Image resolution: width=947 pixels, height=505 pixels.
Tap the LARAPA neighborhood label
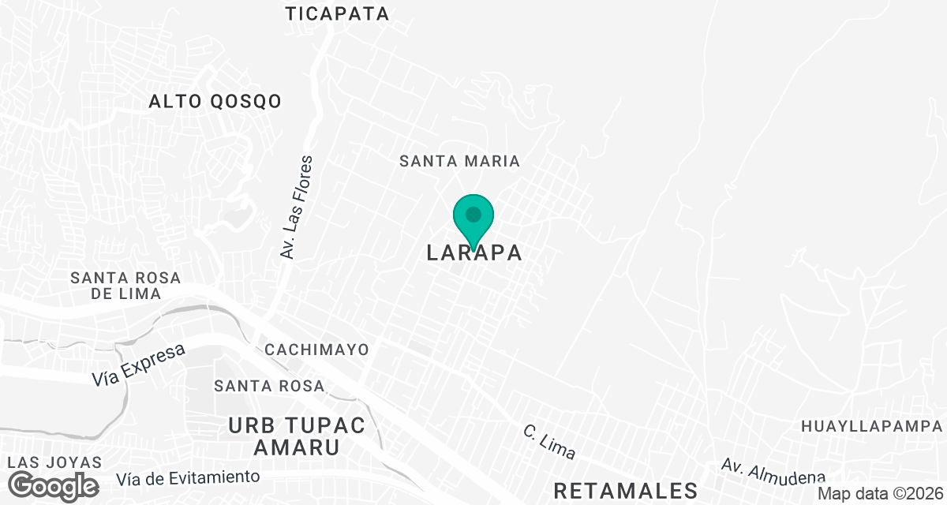point(474,253)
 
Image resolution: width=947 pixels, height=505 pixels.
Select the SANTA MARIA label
point(459,161)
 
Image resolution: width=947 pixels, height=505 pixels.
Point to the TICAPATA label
point(338,13)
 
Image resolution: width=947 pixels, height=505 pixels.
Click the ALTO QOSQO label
point(215,101)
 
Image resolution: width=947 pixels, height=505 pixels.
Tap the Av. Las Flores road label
point(297,207)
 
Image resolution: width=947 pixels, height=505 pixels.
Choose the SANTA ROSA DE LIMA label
point(125,286)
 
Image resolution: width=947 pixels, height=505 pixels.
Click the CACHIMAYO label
point(317,349)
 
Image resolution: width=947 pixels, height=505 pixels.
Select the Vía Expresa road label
point(138,365)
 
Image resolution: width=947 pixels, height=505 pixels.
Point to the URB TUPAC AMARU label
point(297,436)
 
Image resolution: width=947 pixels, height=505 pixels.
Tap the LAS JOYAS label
point(54,462)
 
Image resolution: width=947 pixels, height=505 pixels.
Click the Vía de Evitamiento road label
point(188,477)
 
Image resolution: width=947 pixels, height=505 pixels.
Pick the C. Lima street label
point(550,443)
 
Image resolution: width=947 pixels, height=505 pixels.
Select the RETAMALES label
point(625,491)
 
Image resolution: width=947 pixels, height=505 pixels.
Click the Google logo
point(54,485)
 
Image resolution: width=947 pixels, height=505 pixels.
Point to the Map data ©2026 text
point(879,493)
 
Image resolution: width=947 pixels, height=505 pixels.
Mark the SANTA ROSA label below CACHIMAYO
point(270,386)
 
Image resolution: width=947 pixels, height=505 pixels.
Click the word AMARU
point(297,447)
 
